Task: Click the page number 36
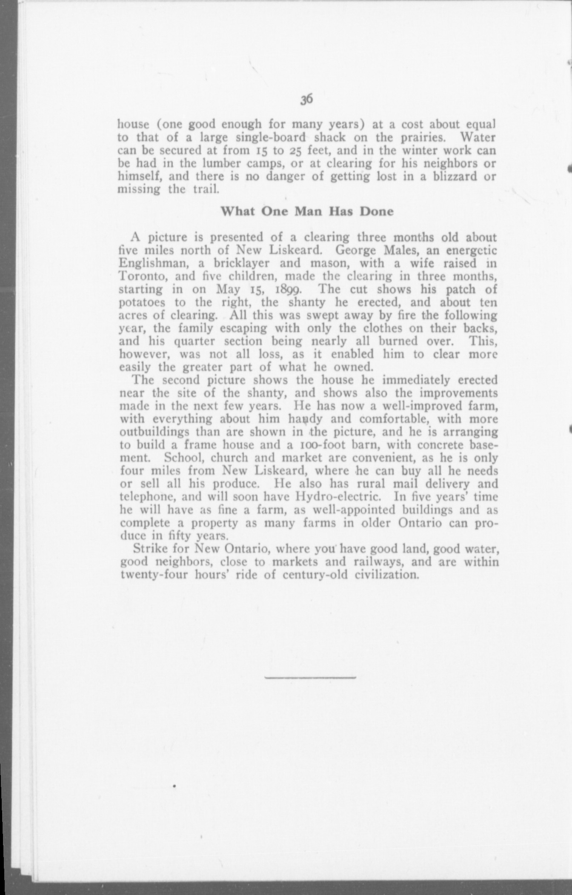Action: click(306, 99)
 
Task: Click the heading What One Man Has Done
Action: click(306, 211)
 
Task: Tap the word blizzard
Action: click(453, 177)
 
